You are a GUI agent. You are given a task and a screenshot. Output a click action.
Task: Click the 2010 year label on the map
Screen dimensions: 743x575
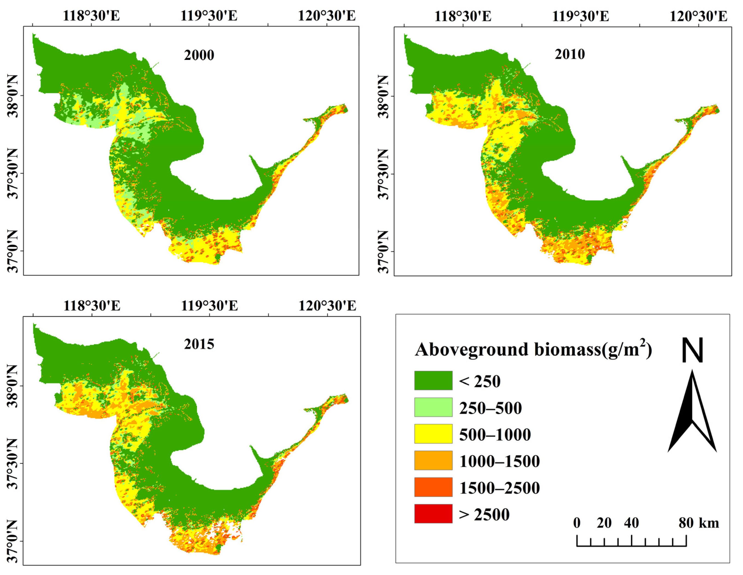(x=570, y=54)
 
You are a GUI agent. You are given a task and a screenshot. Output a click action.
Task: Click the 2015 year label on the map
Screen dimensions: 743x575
(x=199, y=344)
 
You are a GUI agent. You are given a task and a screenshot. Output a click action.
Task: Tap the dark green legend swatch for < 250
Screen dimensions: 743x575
(x=433, y=381)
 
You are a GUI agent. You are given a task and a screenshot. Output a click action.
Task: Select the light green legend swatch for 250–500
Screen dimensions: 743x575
(x=433, y=407)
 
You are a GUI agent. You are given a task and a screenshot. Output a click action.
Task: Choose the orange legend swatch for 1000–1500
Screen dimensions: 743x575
(x=433, y=460)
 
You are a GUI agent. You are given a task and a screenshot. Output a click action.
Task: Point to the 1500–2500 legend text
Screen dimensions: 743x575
(x=499, y=488)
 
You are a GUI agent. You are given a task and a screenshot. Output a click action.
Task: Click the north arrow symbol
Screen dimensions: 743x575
(x=692, y=412)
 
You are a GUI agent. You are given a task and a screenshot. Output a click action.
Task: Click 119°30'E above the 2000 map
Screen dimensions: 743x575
(x=209, y=16)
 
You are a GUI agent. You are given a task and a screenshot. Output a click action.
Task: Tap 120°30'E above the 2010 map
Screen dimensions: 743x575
(x=698, y=16)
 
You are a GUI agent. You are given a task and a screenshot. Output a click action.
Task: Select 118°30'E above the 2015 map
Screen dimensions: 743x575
(x=92, y=305)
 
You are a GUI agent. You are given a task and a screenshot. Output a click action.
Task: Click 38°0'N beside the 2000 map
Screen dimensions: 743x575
(x=13, y=96)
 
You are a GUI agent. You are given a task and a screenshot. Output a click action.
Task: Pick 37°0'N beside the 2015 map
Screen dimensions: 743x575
(x=13, y=541)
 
